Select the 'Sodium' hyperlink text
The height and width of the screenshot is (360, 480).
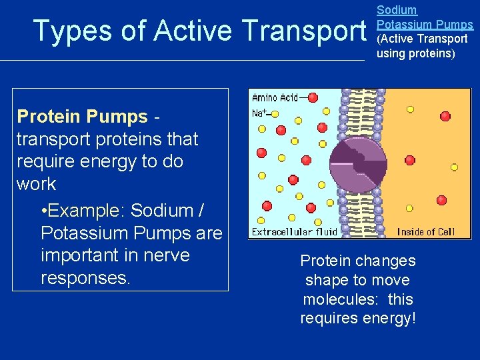tap(397, 10)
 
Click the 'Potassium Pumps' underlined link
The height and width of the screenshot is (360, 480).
tap(425, 25)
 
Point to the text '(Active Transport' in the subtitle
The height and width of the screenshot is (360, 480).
tap(422, 39)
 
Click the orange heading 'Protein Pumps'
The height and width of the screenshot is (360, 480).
tap(82, 117)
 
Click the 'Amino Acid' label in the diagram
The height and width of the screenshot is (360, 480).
tap(275, 98)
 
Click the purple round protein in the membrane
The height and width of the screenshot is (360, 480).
tap(358, 163)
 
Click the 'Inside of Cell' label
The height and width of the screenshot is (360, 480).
tap(426, 232)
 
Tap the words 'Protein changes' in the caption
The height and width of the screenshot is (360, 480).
tap(358, 261)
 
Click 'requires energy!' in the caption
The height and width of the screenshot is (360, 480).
tap(358, 319)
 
